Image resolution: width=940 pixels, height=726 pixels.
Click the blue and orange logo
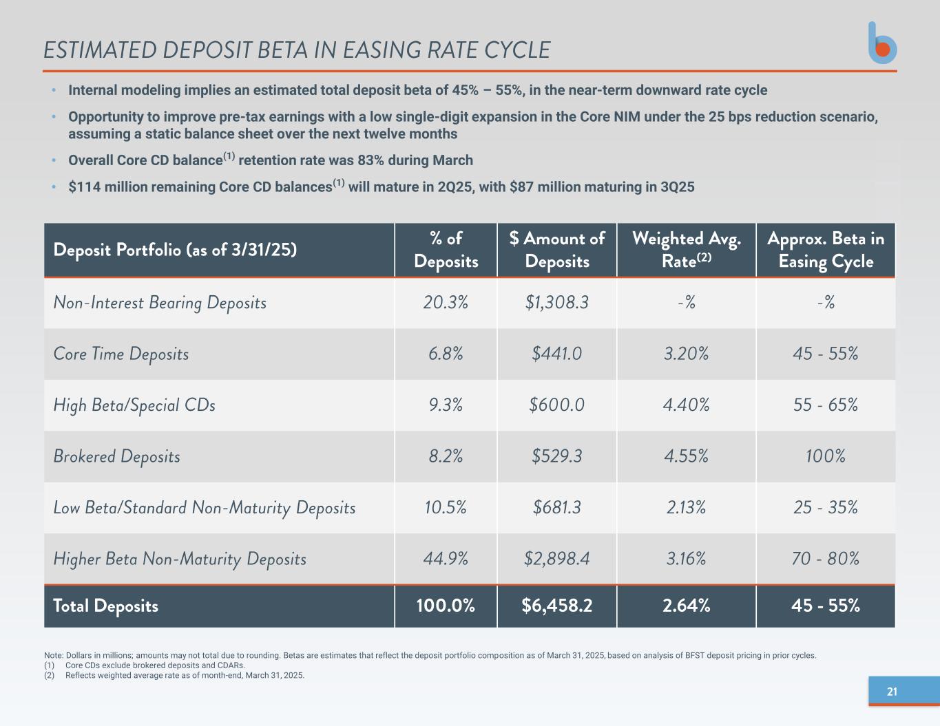(882, 43)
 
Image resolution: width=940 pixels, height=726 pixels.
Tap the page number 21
(892, 692)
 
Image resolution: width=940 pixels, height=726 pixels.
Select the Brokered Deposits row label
(116, 456)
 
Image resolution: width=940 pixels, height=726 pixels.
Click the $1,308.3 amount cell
(556, 302)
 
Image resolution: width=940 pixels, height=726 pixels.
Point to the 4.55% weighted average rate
(686, 456)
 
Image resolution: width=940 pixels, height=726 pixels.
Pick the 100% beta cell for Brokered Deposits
(825, 456)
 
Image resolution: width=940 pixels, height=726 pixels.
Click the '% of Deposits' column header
(446, 250)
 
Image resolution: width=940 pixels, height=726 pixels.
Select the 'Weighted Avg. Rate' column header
(686, 250)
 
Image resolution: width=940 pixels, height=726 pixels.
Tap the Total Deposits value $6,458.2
(556, 606)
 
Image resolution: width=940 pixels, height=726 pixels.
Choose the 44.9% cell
(446, 559)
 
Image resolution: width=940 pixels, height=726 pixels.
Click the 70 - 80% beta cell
(825, 559)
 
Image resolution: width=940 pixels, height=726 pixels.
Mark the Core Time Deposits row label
(121, 354)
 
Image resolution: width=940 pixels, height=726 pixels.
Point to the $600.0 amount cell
(556, 405)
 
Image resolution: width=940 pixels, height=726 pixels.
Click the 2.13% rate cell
(686, 508)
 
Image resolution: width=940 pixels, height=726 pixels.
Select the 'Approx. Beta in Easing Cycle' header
(825, 250)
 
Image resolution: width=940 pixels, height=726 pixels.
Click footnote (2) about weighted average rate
(185, 675)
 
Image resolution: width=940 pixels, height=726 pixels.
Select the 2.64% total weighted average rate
(686, 606)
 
